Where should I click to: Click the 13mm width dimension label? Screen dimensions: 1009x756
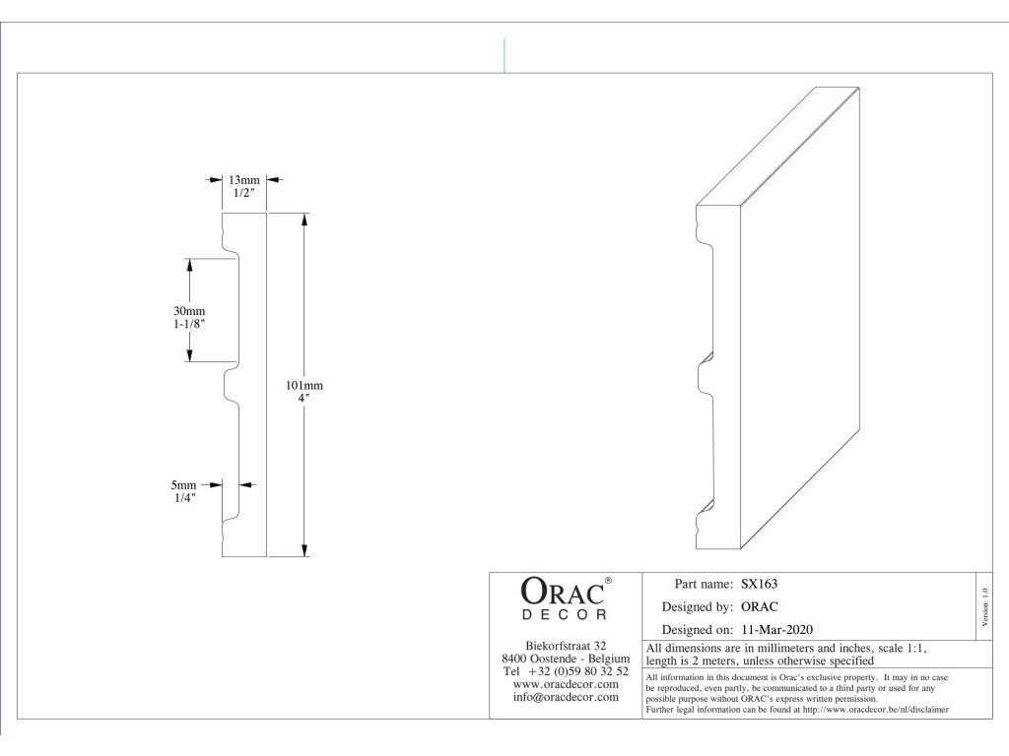(x=244, y=180)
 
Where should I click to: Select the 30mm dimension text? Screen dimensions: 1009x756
(x=189, y=311)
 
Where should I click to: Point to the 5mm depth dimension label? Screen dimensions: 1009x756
(x=183, y=485)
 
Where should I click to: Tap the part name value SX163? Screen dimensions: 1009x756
(x=760, y=584)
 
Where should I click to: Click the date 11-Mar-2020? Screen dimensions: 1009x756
(x=777, y=629)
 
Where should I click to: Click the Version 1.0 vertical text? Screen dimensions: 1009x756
(x=984, y=603)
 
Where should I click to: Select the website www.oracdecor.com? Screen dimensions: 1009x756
(x=566, y=683)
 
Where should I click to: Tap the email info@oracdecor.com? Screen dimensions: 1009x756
(x=566, y=697)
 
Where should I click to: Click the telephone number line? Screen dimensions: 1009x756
(x=566, y=670)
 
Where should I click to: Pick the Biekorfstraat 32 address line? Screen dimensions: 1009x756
(x=566, y=645)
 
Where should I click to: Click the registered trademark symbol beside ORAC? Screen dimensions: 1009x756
(x=608, y=581)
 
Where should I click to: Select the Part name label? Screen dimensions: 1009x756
(x=703, y=584)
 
